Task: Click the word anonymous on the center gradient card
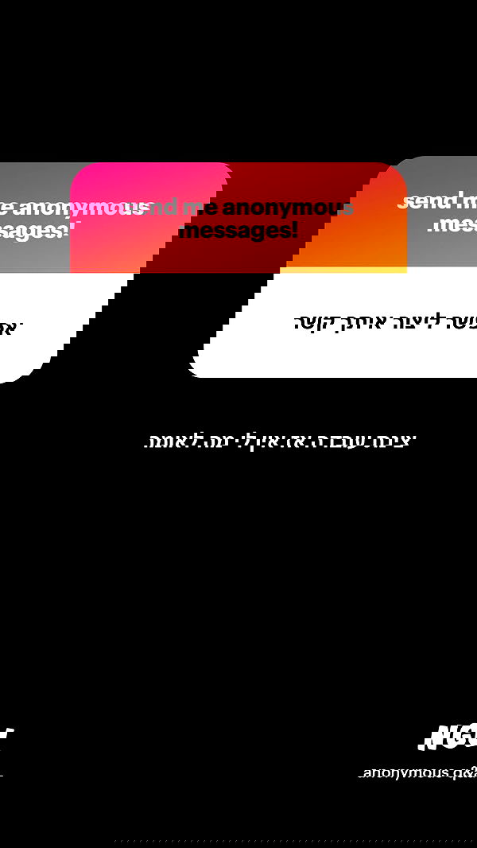(x=288, y=208)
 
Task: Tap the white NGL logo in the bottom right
(x=448, y=737)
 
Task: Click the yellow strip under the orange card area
(x=342, y=270)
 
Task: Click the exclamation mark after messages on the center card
(x=294, y=231)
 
